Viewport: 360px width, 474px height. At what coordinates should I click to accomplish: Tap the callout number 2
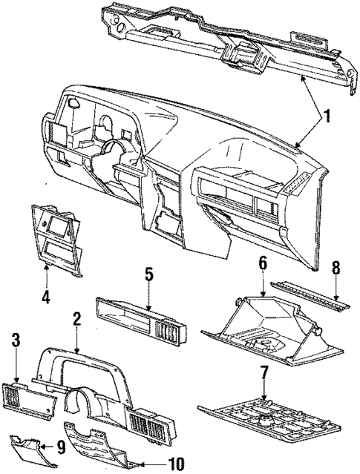click(76, 320)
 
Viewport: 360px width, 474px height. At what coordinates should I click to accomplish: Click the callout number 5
click(148, 275)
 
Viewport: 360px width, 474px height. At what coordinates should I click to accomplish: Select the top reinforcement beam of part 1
click(223, 41)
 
